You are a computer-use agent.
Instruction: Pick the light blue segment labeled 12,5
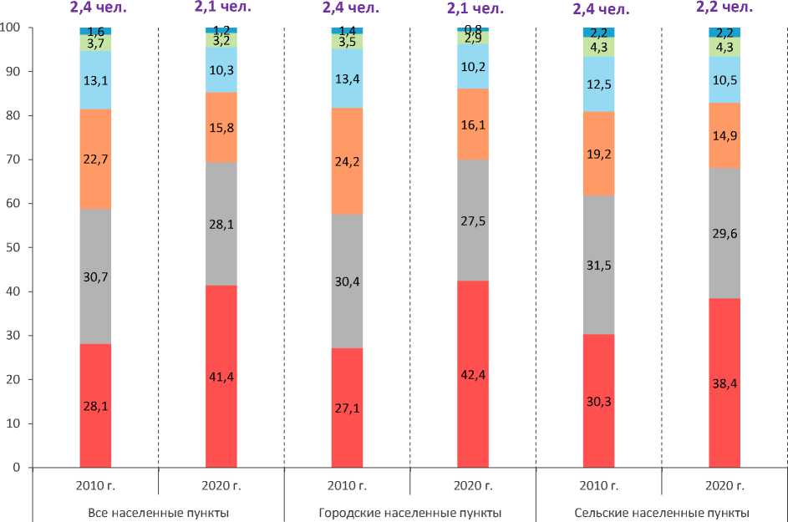pyautogui.click(x=599, y=84)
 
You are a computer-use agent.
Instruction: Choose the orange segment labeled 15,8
pyautogui.click(x=221, y=127)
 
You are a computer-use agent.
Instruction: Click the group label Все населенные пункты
pyautogui.click(x=159, y=513)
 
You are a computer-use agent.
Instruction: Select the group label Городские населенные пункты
pyautogui.click(x=409, y=513)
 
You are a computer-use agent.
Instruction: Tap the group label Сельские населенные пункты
pyautogui.click(x=663, y=513)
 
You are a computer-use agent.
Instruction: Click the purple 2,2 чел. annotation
pyautogui.click(x=724, y=8)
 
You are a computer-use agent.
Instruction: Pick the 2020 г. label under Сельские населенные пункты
pyautogui.click(x=724, y=484)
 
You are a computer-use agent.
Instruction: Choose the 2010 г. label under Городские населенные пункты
pyautogui.click(x=348, y=484)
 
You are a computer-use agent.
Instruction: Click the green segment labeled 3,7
pyautogui.click(x=95, y=43)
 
